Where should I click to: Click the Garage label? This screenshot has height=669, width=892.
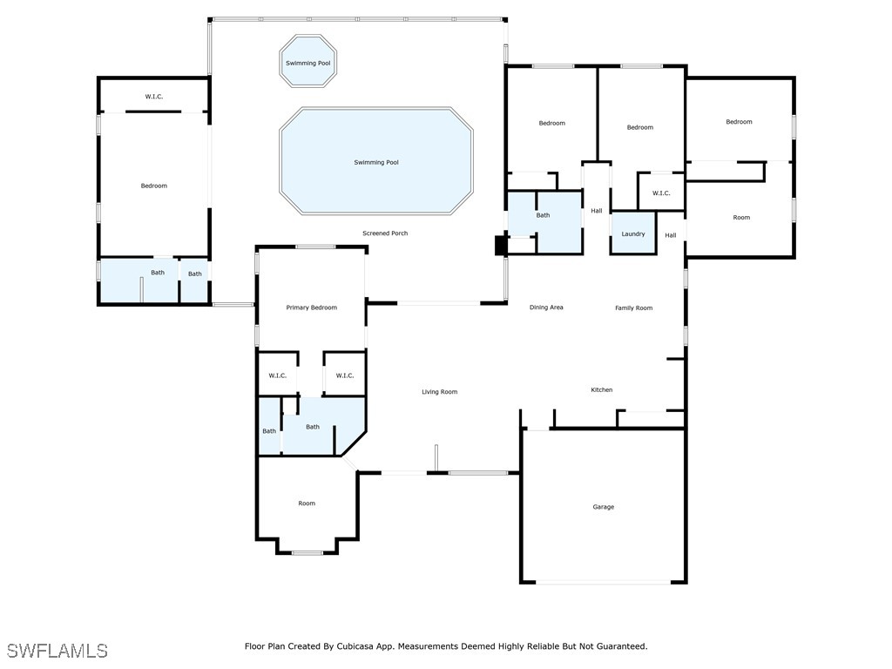(603, 507)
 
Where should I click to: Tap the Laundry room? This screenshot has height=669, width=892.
(633, 233)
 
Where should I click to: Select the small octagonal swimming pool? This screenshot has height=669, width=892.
(307, 61)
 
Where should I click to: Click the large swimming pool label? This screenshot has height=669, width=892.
(376, 162)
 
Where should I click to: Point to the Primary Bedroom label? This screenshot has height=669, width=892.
(311, 307)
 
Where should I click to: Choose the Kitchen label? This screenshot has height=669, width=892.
(601, 389)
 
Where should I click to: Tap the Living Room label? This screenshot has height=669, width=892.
(439, 392)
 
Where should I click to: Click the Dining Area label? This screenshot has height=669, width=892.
(546, 307)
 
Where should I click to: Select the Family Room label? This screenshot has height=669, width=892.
(634, 307)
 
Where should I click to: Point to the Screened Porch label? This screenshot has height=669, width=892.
(385, 233)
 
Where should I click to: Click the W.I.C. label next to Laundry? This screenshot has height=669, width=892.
(661, 193)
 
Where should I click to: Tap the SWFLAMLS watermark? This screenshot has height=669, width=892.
(57, 651)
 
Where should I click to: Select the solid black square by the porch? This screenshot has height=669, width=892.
(501, 246)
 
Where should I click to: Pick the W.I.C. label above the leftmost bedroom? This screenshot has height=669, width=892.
(153, 97)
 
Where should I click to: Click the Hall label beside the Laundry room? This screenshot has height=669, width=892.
(671, 235)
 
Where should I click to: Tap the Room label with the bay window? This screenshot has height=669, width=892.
(307, 503)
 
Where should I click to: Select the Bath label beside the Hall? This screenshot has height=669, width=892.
(543, 215)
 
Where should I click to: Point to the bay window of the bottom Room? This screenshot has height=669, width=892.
(307, 552)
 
